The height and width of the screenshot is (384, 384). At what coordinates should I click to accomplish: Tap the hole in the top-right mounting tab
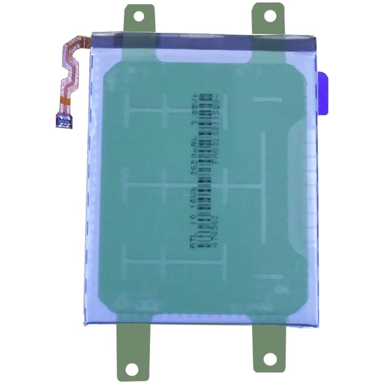(x=270, y=16)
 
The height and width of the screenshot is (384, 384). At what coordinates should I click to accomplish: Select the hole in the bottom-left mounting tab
(x=132, y=369)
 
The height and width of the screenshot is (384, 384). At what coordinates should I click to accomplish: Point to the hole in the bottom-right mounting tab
(x=270, y=359)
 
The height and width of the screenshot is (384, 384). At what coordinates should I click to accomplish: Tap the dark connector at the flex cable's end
(x=64, y=122)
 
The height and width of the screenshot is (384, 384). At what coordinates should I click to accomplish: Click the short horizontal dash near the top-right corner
(x=267, y=99)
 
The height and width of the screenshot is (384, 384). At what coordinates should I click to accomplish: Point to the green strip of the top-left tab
(x=139, y=27)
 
